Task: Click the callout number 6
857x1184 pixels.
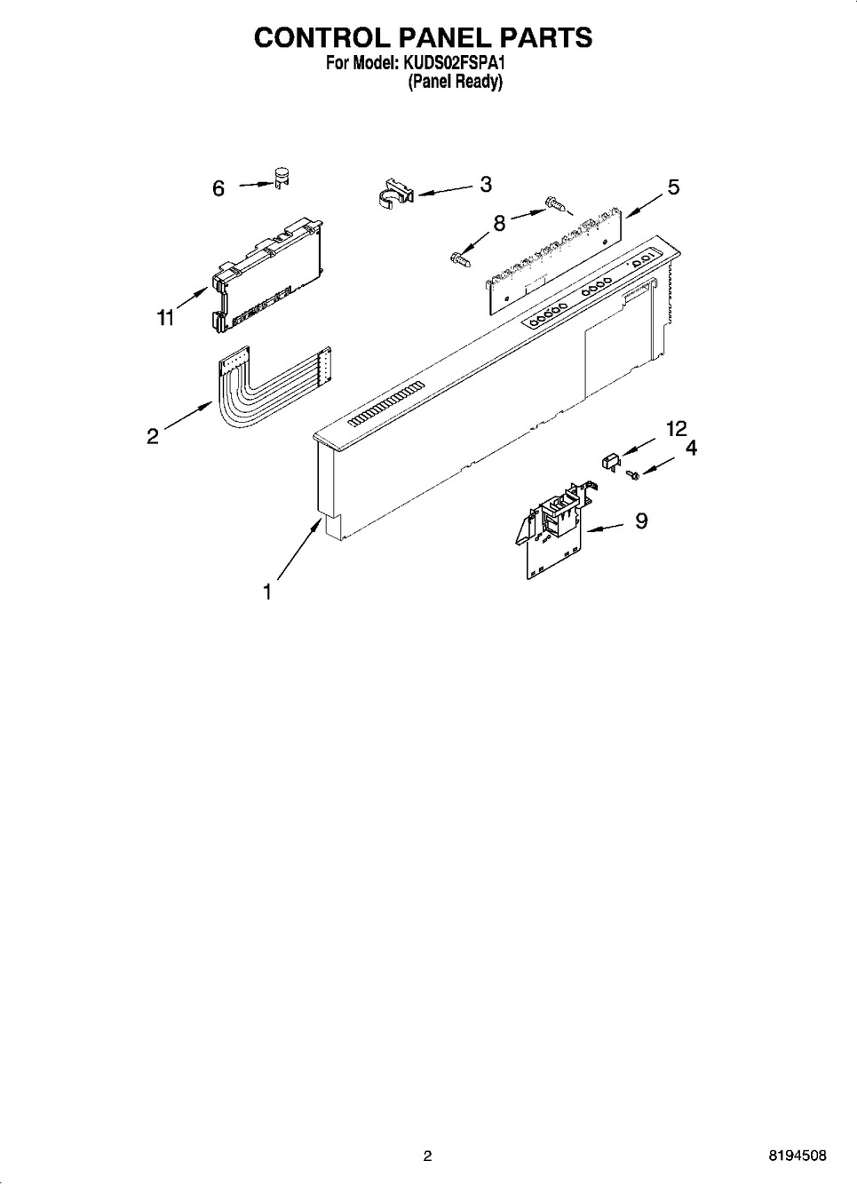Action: tap(218, 188)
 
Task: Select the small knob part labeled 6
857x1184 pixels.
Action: tap(282, 178)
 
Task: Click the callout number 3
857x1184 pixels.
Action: tap(486, 184)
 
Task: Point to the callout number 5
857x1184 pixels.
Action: tap(673, 187)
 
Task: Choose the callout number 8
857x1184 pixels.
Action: tap(499, 223)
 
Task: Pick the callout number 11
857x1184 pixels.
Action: tap(166, 317)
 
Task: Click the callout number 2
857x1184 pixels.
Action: tap(153, 435)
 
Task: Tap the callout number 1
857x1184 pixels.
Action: tap(267, 592)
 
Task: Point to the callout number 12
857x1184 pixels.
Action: tap(676, 429)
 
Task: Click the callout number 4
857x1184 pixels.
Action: tap(691, 449)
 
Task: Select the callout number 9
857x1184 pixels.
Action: tap(641, 520)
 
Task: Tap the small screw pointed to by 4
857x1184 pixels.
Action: tap(633, 476)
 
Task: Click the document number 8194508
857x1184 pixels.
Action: tap(797, 1156)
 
